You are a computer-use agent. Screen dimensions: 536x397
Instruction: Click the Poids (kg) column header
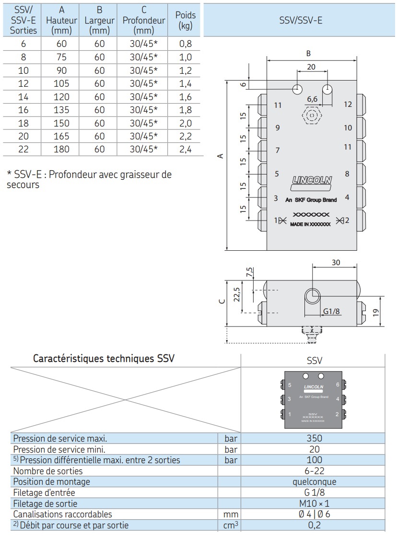point(185,21)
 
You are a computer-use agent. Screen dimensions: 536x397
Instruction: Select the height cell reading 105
point(61,83)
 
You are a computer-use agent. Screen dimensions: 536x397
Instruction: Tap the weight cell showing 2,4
point(185,149)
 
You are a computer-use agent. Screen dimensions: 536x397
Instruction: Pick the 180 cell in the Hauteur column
point(61,149)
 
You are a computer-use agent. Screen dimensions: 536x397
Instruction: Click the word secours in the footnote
point(23,185)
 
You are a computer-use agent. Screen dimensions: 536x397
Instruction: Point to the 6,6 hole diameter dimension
point(312,99)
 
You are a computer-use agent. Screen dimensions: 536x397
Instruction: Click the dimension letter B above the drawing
point(309,54)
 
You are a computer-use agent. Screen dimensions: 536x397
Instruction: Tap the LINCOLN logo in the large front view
point(312,181)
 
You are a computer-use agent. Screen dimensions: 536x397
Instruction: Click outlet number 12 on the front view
point(348,104)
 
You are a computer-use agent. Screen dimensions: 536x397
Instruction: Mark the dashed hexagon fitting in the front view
point(312,116)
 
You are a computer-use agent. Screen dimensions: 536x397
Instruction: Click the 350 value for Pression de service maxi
point(314,438)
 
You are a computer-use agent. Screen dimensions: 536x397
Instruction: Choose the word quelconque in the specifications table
point(314,481)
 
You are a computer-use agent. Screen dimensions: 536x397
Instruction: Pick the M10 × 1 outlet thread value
point(314,503)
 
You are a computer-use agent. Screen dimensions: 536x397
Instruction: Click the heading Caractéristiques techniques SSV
point(104,359)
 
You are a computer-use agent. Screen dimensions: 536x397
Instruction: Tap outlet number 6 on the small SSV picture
point(338,385)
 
